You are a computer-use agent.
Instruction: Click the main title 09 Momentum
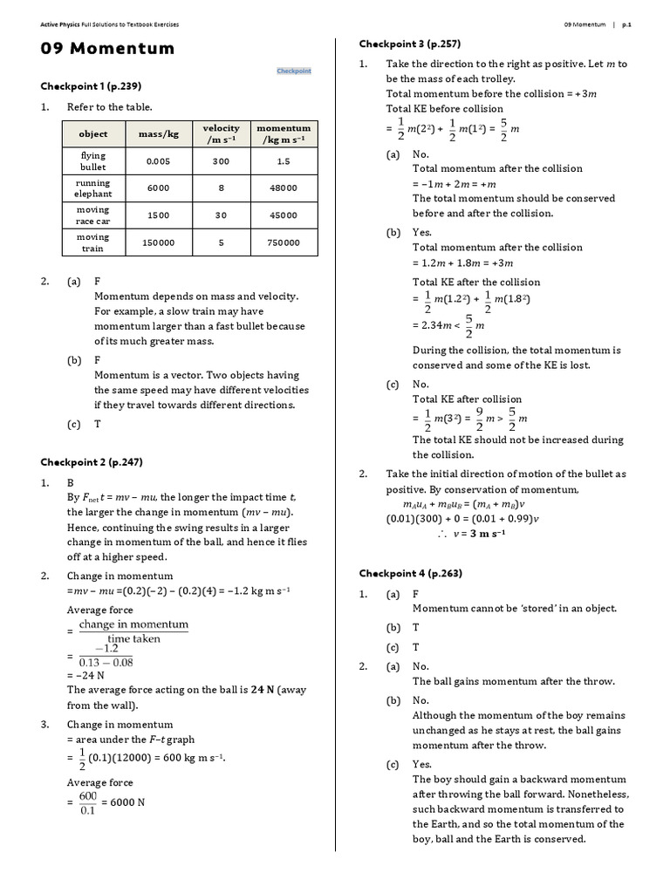(x=107, y=49)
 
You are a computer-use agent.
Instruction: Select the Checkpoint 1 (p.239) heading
(x=91, y=86)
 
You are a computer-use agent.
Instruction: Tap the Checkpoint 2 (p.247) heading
(x=91, y=461)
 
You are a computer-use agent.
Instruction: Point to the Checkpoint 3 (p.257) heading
(x=410, y=44)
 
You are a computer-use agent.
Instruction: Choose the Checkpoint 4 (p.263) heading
(x=410, y=573)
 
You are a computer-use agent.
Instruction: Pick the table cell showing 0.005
(x=158, y=161)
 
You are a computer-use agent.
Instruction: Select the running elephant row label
(x=93, y=188)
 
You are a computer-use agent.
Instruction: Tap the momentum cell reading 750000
(x=283, y=242)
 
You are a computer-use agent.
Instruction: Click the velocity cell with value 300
(x=221, y=161)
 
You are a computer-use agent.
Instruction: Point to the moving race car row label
(x=93, y=215)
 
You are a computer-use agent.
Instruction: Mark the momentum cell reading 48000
(x=283, y=188)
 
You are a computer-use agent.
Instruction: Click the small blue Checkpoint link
(x=294, y=71)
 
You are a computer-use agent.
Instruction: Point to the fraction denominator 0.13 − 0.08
(x=111, y=663)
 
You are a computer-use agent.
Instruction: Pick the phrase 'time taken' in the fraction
(x=133, y=638)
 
